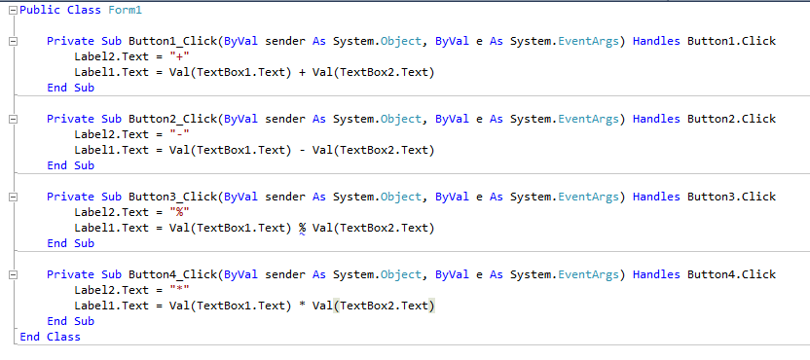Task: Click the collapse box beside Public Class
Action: click(10, 10)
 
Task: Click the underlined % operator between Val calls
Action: click(302, 229)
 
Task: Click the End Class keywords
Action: click(50, 337)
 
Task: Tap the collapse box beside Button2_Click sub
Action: click(10, 120)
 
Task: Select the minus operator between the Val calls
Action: click(302, 151)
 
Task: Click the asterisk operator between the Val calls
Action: click(302, 306)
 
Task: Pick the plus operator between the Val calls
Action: click(302, 73)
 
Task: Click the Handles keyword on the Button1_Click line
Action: click(656, 42)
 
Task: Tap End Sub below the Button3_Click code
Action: click(70, 244)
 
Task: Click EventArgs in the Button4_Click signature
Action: click(591, 275)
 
